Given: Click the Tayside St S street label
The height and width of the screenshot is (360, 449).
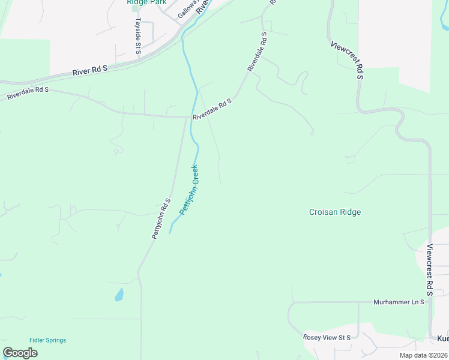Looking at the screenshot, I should click(x=137, y=35).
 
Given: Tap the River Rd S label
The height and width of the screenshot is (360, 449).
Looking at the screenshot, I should click(x=89, y=70).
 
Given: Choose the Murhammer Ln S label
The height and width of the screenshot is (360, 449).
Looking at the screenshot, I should click(x=399, y=302).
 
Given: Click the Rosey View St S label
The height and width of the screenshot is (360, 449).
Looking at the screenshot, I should click(x=327, y=338).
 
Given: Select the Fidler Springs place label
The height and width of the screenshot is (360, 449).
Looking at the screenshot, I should click(x=48, y=340).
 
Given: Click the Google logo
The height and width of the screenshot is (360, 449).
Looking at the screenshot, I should click(x=20, y=353).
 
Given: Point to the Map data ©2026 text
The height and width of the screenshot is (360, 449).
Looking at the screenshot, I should click(x=423, y=355).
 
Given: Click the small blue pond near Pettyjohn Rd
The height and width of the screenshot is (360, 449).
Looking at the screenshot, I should click(x=119, y=295).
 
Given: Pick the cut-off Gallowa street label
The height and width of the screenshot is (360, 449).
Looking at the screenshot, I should click(x=187, y=8).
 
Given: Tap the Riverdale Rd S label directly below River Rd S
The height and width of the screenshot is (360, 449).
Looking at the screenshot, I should click(x=28, y=92).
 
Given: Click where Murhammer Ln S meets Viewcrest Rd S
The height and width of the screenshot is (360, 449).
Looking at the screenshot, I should click(x=430, y=302).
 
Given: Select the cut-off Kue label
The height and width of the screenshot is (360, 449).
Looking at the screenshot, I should click(x=442, y=338).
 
